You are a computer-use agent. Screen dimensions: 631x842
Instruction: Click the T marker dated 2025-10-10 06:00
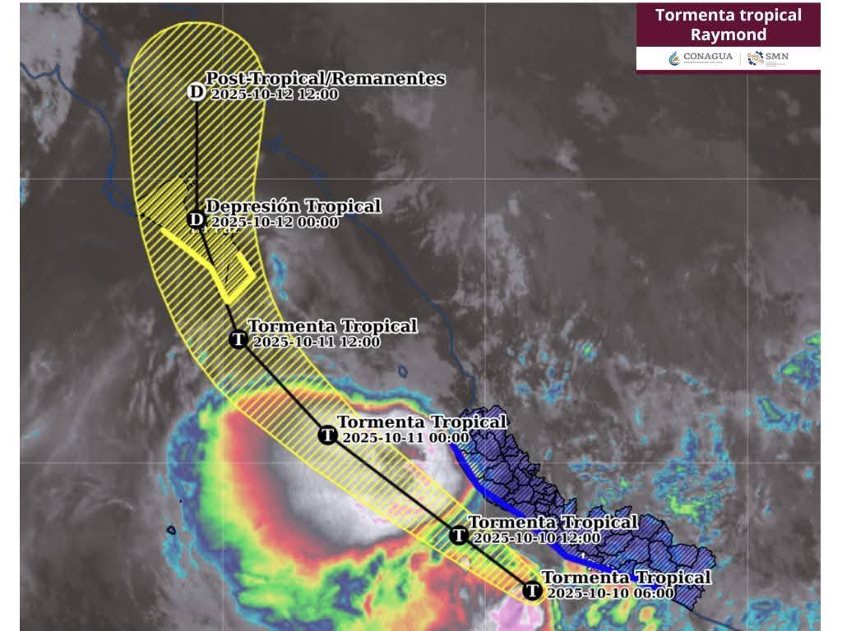[532, 591]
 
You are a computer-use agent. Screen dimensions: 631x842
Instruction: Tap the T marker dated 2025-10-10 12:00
[459, 535]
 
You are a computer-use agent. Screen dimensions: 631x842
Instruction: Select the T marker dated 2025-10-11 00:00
[327, 435]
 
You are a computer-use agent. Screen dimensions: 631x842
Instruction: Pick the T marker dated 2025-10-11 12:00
[238, 339]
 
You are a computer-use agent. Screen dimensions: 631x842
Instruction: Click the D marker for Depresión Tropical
[196, 219]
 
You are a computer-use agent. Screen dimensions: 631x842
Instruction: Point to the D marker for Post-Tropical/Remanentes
[196, 91]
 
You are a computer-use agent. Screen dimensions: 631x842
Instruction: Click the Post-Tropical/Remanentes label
[325, 78]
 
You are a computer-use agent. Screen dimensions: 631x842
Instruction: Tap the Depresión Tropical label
[293, 205]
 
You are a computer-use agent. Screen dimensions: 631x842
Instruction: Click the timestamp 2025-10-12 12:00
[274, 94]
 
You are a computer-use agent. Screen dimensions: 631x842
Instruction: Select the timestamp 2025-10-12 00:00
[274, 222]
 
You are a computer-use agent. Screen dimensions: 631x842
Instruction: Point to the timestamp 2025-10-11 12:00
[317, 342]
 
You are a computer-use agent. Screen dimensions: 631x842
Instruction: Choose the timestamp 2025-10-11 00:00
[405, 438]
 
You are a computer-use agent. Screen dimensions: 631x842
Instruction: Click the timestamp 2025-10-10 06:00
[610, 593]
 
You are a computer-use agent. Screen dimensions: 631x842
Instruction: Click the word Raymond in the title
[728, 35]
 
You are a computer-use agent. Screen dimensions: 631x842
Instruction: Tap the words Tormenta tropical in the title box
[728, 15]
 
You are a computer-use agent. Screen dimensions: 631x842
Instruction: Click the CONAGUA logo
[701, 58]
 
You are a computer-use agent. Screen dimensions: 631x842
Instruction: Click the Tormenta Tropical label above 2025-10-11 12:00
[332, 326]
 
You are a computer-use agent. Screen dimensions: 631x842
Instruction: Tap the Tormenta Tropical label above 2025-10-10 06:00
[626, 578]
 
